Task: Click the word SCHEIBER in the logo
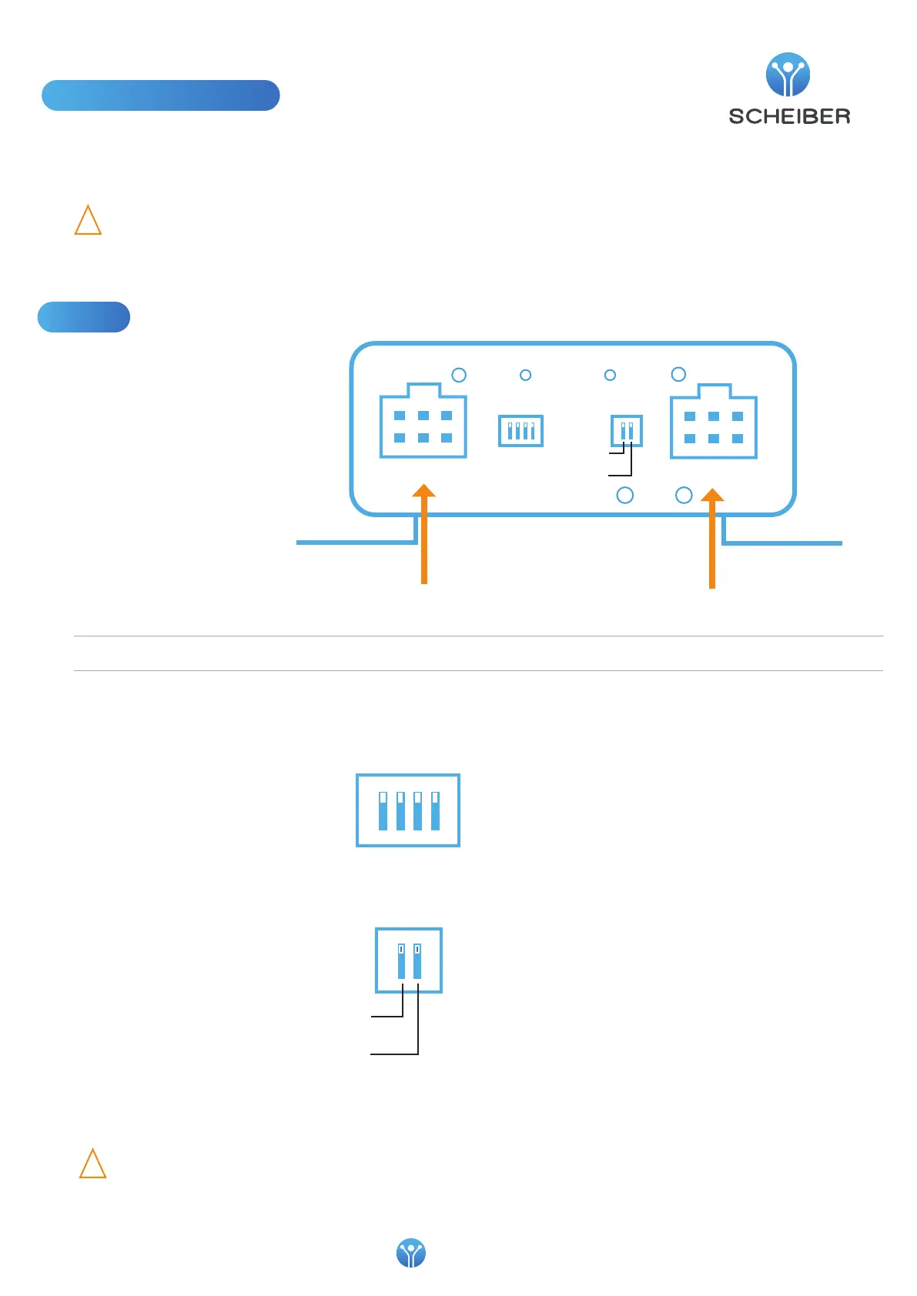(x=789, y=116)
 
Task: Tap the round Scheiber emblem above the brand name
(x=788, y=75)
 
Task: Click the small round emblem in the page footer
(x=410, y=1253)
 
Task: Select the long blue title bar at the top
(x=160, y=95)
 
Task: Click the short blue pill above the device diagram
(x=84, y=317)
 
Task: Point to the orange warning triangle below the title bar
(x=88, y=220)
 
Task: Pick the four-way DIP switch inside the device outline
(x=521, y=430)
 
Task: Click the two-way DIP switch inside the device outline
(x=627, y=430)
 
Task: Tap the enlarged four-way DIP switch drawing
(x=408, y=810)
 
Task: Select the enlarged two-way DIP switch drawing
(x=409, y=960)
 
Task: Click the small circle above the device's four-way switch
(x=526, y=375)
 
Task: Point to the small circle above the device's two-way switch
(x=610, y=375)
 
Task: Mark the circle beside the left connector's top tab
(x=459, y=375)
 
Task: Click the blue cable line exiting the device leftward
(x=354, y=543)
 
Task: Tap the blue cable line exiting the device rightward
(x=781, y=543)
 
